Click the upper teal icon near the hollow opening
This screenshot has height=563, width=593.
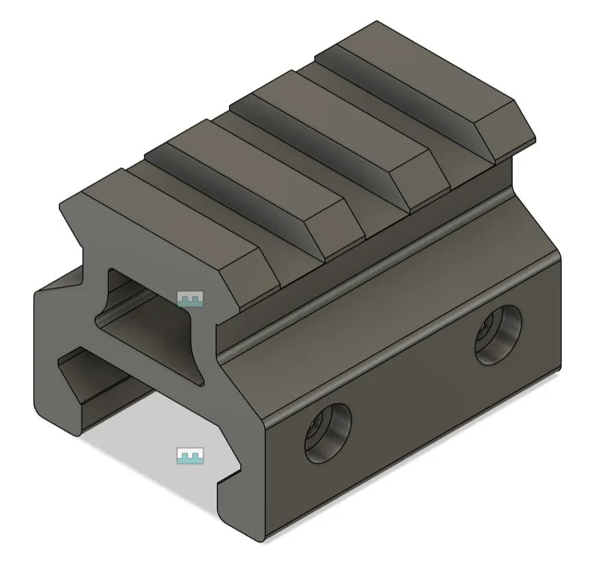[191, 299]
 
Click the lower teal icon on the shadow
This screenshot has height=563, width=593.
[190, 455]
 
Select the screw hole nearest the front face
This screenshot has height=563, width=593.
[327, 433]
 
